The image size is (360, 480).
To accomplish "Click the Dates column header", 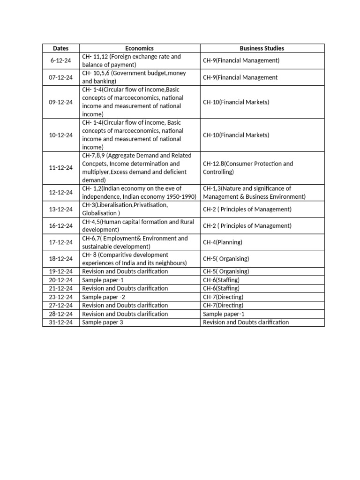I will [60, 48].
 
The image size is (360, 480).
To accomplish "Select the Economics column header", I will [139, 48].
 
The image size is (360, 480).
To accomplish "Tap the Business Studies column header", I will [262, 48].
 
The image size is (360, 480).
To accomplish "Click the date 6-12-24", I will [60, 60].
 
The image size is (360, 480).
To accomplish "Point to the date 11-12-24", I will [60, 168].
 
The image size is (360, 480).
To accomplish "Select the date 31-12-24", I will [60, 322].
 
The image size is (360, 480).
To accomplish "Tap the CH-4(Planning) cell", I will [223, 242].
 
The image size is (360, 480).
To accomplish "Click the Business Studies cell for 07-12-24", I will [240, 77].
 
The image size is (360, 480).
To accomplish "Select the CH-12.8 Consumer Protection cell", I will [248, 168].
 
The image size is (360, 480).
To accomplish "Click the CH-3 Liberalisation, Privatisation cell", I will [125, 209].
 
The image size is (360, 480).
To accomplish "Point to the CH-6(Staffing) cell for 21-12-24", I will [221, 288].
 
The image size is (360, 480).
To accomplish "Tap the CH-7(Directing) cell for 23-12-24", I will [223, 297].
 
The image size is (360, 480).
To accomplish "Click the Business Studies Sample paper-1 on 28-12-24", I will [224, 314].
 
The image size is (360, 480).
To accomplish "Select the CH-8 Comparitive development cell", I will [135, 259].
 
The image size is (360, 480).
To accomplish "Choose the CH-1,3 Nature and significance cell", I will [254, 193].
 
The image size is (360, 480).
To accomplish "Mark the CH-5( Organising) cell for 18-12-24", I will [226, 259].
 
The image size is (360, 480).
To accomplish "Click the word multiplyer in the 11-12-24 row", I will [96, 172].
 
